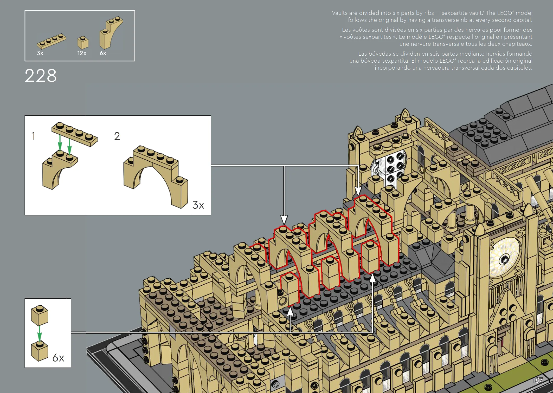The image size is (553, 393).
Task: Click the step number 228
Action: coord(41,76)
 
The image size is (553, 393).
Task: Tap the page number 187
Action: coord(537,380)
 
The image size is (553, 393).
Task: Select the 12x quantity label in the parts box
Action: coord(82,53)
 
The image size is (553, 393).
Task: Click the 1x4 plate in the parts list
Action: coord(52,41)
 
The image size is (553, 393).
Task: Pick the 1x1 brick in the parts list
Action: coord(83,43)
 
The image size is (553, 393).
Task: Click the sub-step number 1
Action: coord(33,136)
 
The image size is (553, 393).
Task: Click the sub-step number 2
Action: coord(117,136)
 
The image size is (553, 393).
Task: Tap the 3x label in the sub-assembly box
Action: coord(198,205)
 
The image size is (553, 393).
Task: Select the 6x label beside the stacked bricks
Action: coord(58,358)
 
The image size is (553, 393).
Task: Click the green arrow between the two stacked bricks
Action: coord(40,333)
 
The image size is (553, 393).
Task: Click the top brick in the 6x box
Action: coord(40,315)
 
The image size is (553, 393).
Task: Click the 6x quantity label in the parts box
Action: coord(103,53)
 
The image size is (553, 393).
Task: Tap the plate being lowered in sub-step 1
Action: coord(74,134)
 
